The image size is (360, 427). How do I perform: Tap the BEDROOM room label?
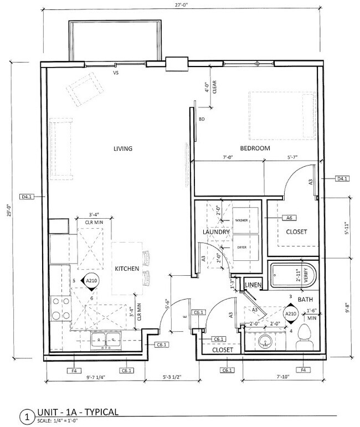point(255,148)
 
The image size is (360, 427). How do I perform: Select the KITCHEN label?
point(126,269)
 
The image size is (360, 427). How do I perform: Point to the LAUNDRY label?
point(216,232)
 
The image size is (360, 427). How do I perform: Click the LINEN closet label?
point(253,285)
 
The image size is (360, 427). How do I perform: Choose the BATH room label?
point(306,300)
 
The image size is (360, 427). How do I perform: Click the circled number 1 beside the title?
point(25,415)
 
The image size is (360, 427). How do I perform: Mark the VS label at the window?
point(116,73)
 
